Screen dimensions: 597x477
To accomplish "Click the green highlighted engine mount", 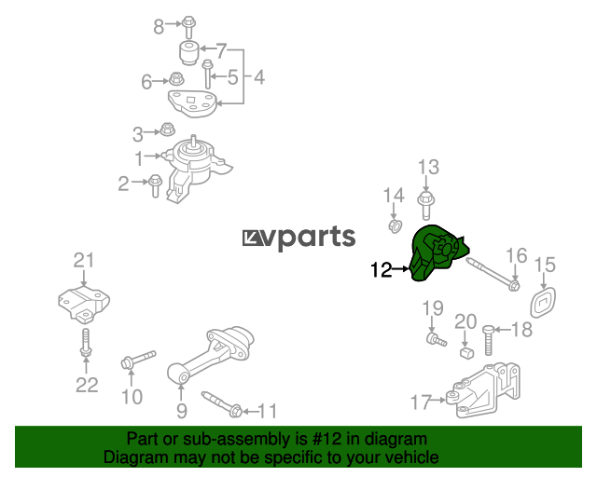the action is point(437,253).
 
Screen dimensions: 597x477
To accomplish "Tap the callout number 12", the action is point(382,269).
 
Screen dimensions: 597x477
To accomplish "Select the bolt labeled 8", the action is point(187,27).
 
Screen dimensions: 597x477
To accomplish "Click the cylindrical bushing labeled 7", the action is point(188,53).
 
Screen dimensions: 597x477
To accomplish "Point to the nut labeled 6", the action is point(176,79).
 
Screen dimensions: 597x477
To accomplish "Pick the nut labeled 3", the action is point(167,129).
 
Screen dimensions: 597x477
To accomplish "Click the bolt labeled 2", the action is point(155,185).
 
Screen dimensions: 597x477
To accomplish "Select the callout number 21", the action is point(83,261).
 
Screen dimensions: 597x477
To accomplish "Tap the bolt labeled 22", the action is point(86,343).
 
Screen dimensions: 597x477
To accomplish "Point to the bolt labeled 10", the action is point(138,360).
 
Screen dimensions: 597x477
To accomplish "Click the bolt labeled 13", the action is point(426,206).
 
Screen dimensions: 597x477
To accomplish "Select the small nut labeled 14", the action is point(395,226).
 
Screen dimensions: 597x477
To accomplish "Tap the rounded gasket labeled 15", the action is point(543,303).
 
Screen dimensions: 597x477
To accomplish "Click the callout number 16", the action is point(516,256).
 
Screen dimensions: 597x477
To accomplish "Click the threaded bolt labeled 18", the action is point(488,340).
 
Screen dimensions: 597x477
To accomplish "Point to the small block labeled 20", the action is point(466,352).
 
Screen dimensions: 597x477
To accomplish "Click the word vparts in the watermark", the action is point(311,238).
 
